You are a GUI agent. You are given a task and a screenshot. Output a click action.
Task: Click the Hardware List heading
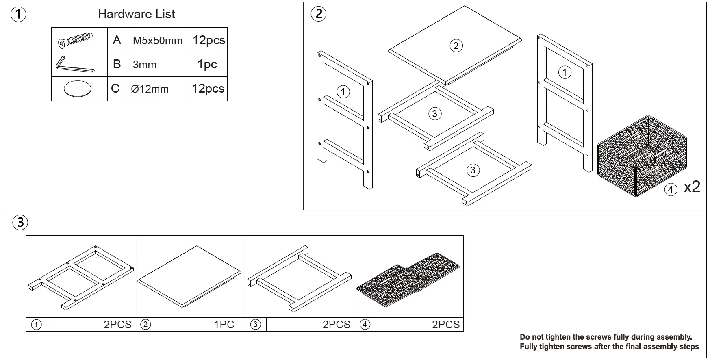(x=136, y=14)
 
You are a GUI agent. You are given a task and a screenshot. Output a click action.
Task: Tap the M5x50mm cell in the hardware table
(x=158, y=41)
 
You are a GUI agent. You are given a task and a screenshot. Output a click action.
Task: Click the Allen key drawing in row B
(x=75, y=65)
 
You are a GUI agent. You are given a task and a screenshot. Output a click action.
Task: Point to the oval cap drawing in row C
(x=77, y=89)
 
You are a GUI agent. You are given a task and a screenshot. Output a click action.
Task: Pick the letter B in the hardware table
(x=117, y=64)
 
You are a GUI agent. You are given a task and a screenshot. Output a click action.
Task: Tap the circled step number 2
(x=318, y=14)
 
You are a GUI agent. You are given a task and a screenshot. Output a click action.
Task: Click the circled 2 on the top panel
(x=456, y=46)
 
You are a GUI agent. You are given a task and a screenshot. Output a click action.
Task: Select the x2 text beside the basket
(x=692, y=187)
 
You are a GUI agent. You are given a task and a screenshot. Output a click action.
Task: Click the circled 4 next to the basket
(x=671, y=189)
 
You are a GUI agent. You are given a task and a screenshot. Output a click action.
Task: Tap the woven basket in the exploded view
(x=642, y=156)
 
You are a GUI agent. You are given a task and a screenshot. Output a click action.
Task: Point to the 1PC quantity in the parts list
(x=224, y=325)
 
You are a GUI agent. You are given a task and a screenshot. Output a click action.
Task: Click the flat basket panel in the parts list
(x=409, y=283)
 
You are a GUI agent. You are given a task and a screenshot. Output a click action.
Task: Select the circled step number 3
(x=20, y=222)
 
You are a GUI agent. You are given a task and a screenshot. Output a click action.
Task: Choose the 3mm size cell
(x=145, y=65)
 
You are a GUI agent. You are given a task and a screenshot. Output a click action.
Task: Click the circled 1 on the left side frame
(x=343, y=92)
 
